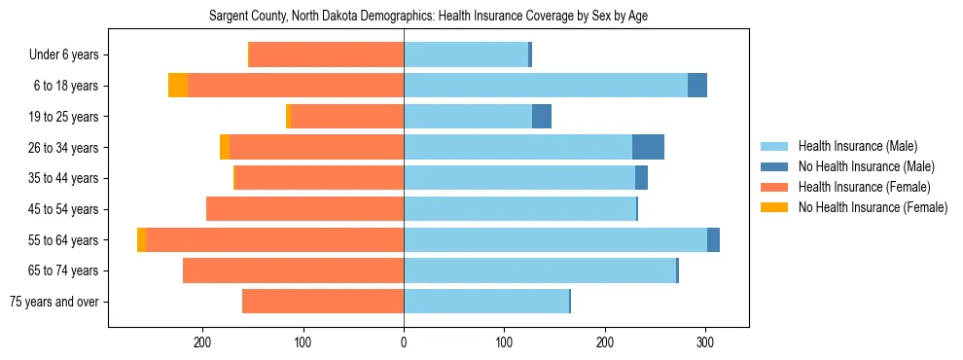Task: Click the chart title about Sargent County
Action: click(428, 17)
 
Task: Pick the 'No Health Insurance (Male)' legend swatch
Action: click(775, 166)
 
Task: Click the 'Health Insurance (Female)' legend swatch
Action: click(775, 187)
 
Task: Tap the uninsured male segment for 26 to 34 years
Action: click(648, 147)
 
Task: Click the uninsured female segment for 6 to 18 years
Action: click(178, 86)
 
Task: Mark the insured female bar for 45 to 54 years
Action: click(304, 209)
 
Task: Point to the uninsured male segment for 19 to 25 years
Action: click(542, 117)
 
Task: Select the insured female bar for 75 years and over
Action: click(323, 302)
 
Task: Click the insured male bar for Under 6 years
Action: click(466, 55)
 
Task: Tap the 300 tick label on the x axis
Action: click(705, 342)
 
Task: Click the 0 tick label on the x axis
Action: click(404, 342)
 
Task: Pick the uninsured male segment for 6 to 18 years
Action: click(697, 86)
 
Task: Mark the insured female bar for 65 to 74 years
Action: click(293, 270)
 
